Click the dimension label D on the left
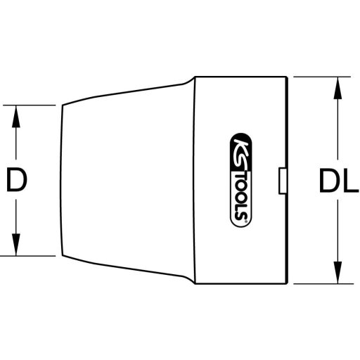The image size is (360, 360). coord(16,181)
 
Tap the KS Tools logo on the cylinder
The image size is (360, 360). coord(239,180)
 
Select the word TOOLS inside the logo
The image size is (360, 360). coord(239,193)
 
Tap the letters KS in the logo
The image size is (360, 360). coord(238,144)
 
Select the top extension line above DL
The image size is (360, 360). coord(320,75)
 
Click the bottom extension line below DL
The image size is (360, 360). coord(320,284)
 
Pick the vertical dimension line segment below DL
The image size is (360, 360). coord(337,232)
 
